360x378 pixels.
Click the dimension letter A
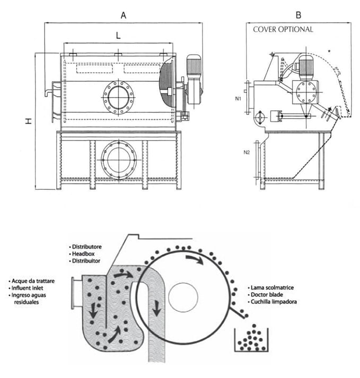tap(124, 15)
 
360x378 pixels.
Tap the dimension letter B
tap(298, 15)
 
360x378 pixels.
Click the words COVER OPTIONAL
tap(283, 30)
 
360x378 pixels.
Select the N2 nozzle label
tap(246, 153)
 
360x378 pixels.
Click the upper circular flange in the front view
tap(118, 97)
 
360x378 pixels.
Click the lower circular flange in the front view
tap(118, 159)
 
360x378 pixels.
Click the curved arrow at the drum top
tap(194, 259)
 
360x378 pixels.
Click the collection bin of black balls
tap(250, 339)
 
